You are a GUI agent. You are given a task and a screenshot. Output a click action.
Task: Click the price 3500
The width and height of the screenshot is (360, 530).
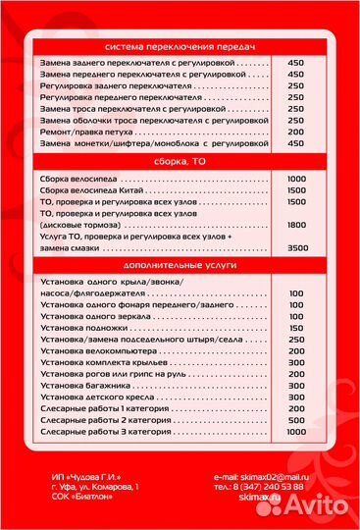click(295, 249)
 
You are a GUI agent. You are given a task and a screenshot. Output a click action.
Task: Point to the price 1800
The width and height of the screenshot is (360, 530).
click(295, 225)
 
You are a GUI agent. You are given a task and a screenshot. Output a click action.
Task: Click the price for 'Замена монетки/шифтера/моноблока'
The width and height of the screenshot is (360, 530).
click(295, 143)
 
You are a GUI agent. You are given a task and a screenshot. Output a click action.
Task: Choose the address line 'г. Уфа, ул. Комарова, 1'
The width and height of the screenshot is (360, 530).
click(96, 487)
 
